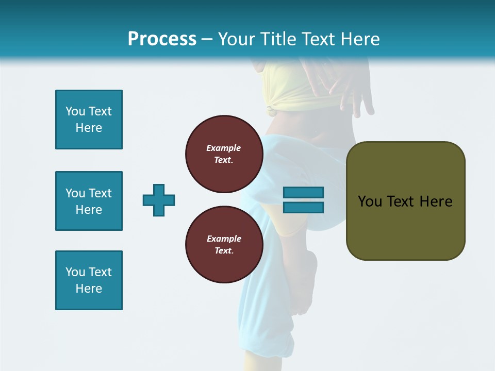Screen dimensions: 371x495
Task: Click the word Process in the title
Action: pyautogui.click(x=162, y=39)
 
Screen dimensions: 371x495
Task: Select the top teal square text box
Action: pyautogui.click(x=89, y=120)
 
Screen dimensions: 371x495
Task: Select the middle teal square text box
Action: pyautogui.click(x=89, y=201)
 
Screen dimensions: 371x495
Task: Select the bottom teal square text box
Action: pyautogui.click(x=89, y=280)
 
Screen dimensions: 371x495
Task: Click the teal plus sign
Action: pyautogui.click(x=159, y=200)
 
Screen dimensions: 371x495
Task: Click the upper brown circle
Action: pyautogui.click(x=224, y=154)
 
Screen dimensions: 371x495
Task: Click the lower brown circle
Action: pyautogui.click(x=224, y=245)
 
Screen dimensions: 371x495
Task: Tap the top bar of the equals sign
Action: pyautogui.click(x=303, y=193)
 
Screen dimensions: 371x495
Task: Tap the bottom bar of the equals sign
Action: pyautogui.click(x=303, y=207)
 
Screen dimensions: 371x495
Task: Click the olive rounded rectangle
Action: pyautogui.click(x=405, y=227)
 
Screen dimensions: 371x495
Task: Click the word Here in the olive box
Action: pyautogui.click(x=436, y=201)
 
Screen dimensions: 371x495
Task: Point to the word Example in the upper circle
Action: pyautogui.click(x=224, y=148)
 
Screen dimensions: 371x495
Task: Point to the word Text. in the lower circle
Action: pyautogui.click(x=224, y=251)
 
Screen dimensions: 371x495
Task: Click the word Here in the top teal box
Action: pyautogui.click(x=89, y=128)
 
